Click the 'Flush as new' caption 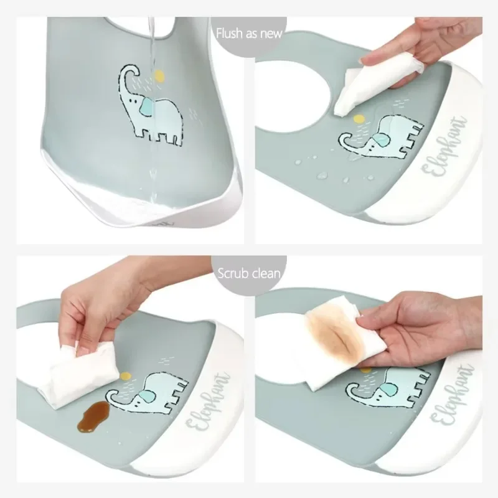coord(249,34)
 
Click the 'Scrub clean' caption coord(249,273)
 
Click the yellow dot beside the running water coord(159,76)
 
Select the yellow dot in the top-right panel coord(359,119)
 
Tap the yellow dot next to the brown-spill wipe coord(126,376)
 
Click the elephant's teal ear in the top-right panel coord(380,140)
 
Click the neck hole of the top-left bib coord(139,27)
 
